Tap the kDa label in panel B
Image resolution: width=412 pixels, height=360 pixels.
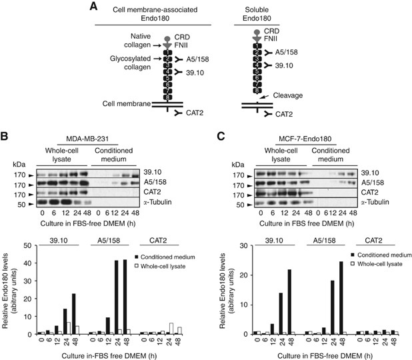tap(21, 163)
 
